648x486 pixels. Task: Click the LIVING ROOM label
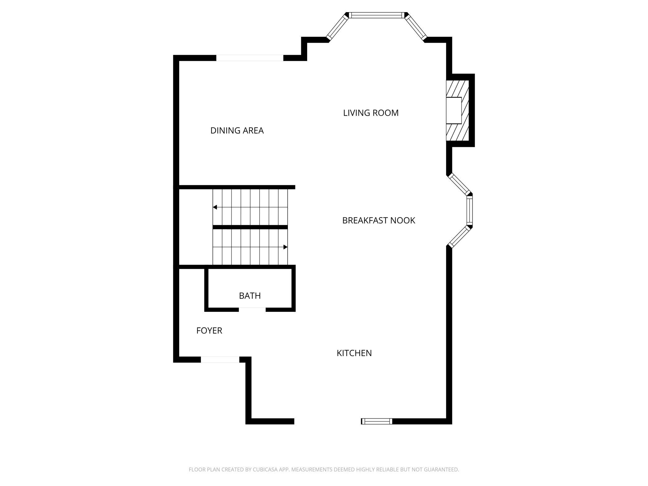tap(371, 113)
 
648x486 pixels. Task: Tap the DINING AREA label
tap(237, 131)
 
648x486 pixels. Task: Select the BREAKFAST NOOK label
tap(379, 221)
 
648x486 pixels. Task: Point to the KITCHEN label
tap(354, 353)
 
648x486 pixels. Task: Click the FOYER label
tap(209, 331)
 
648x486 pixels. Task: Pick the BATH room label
tap(250, 296)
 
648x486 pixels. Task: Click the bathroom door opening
tap(252, 309)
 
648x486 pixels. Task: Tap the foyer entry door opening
tap(220, 360)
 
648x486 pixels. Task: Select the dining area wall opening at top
tap(250, 58)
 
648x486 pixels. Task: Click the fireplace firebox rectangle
tap(454, 110)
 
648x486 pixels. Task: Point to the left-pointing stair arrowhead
tap(215, 207)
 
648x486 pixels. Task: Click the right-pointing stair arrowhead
tap(285, 247)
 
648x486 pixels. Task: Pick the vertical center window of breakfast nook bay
tap(469, 211)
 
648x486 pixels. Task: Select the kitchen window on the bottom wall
tap(377, 421)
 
